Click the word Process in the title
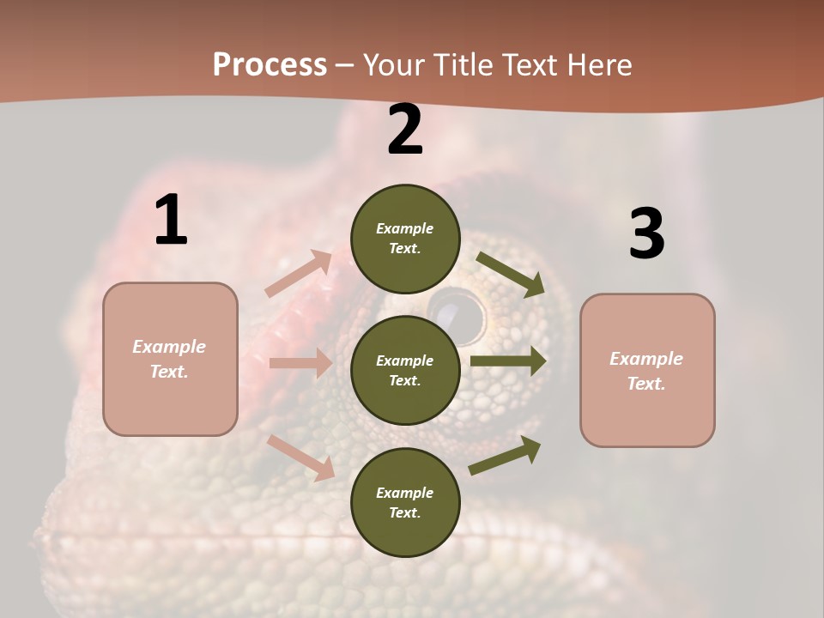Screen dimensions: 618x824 point(270,65)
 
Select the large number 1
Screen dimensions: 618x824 point(171,221)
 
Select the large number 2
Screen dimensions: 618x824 point(405,130)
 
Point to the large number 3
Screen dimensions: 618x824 point(646,234)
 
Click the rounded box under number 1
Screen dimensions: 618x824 point(170,359)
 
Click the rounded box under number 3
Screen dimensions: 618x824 point(647,371)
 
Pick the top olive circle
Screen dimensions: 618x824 point(405,239)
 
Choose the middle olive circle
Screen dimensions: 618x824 point(405,371)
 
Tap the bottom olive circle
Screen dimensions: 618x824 point(405,503)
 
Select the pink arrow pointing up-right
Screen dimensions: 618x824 point(299,273)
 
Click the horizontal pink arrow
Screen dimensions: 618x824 point(300,363)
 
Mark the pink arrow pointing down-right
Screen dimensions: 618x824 point(301,457)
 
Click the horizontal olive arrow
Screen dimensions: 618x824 point(508,361)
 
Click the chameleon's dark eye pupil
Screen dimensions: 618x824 point(456,310)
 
